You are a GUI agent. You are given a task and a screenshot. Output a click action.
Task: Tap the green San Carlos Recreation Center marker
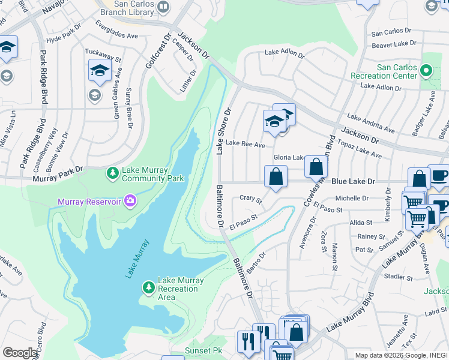426,71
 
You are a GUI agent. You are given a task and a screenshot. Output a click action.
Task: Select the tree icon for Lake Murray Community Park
112,173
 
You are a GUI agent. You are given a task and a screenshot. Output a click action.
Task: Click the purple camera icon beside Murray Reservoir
129,200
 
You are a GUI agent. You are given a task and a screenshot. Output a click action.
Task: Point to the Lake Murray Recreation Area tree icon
148,288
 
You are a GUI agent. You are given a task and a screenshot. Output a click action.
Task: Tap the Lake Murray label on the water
136,259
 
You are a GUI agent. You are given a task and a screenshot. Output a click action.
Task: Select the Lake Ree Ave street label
241,145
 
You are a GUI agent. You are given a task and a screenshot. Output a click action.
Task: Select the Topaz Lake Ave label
360,151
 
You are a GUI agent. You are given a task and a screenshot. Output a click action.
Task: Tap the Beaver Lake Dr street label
394,44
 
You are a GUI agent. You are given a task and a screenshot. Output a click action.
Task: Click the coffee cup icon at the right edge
440,175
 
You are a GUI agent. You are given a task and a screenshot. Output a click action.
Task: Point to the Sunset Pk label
205,350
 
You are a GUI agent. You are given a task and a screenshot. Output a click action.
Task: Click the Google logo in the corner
20,353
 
